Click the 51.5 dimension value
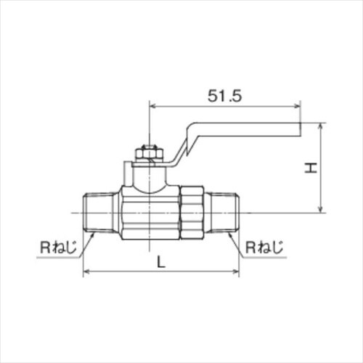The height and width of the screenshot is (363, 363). click(224, 96)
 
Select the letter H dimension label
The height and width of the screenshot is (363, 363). click(311, 168)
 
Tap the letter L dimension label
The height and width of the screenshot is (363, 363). click(161, 262)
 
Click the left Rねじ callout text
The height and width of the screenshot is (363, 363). click(58, 248)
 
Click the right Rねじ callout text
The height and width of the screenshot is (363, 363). click(264, 248)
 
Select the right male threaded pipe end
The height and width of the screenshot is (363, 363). click(224, 213)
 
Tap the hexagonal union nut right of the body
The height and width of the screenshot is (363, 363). click(192, 213)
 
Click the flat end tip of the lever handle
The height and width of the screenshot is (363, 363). click(300, 129)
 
